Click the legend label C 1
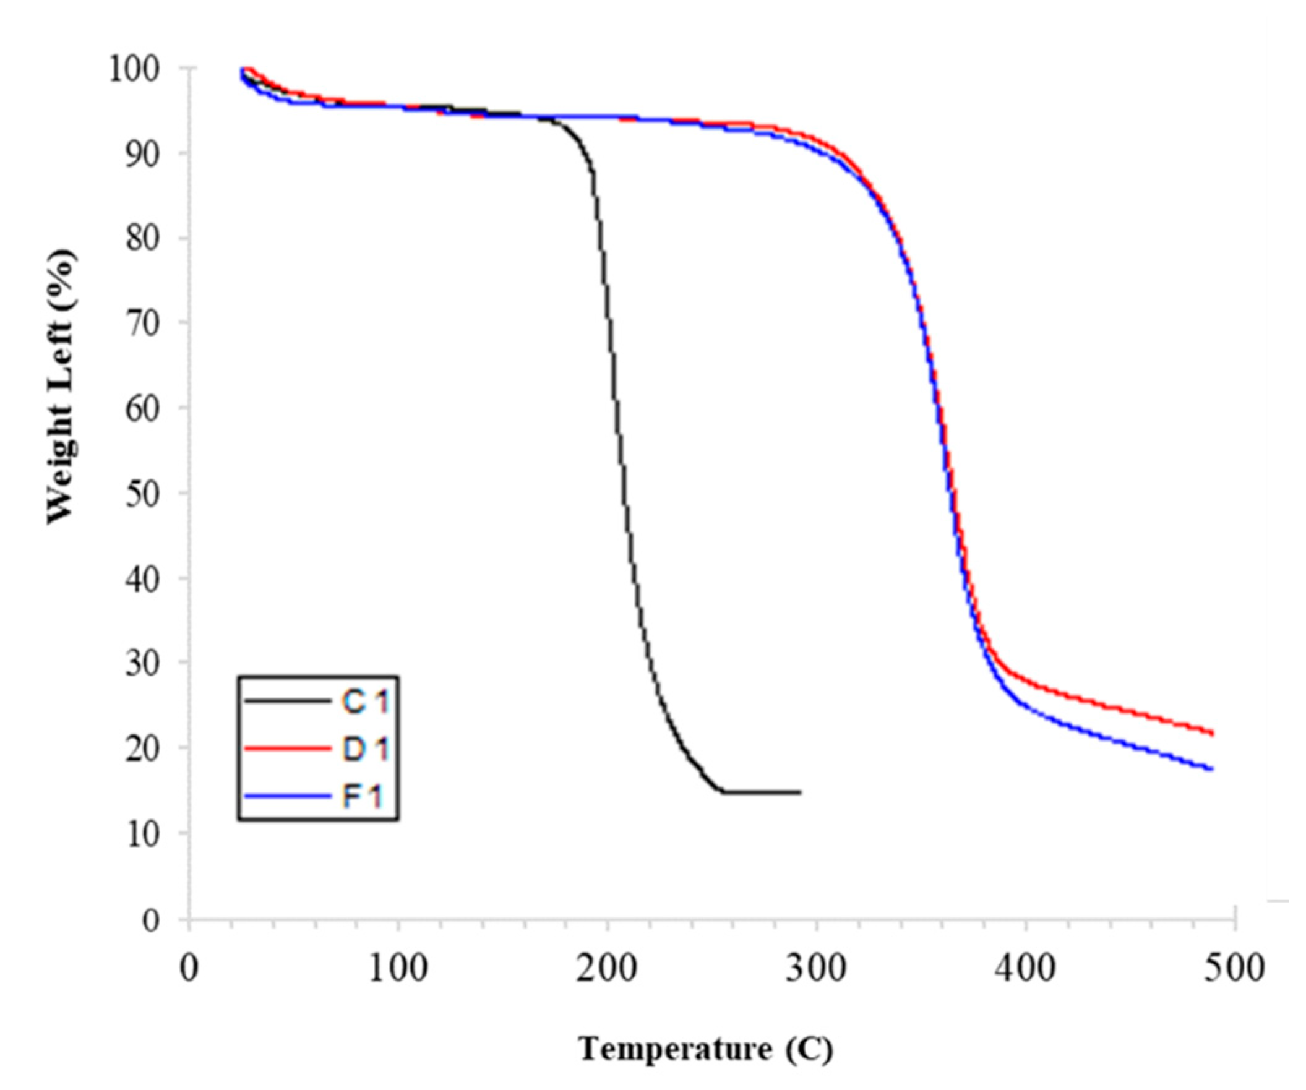coord(366,703)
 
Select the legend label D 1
coord(366,749)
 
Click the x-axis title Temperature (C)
coord(705,1050)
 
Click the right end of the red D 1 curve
coord(1213,734)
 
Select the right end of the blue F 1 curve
coord(1213,770)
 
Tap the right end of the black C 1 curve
coord(801,792)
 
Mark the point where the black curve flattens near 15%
coord(723,792)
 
